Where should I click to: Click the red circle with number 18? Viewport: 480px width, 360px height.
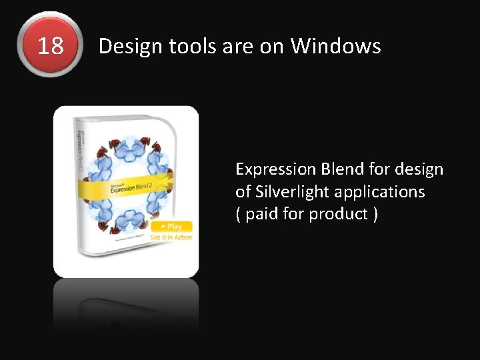(x=51, y=45)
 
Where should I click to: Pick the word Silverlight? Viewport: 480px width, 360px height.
(x=293, y=192)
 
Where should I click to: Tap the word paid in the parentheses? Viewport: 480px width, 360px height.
(x=263, y=215)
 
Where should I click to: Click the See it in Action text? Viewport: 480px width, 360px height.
(x=171, y=237)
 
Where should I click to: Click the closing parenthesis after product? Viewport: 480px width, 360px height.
(x=375, y=215)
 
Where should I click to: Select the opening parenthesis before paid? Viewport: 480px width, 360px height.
(x=239, y=215)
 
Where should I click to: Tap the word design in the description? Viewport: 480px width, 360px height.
(x=420, y=169)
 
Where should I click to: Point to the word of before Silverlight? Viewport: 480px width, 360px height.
(x=243, y=192)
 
